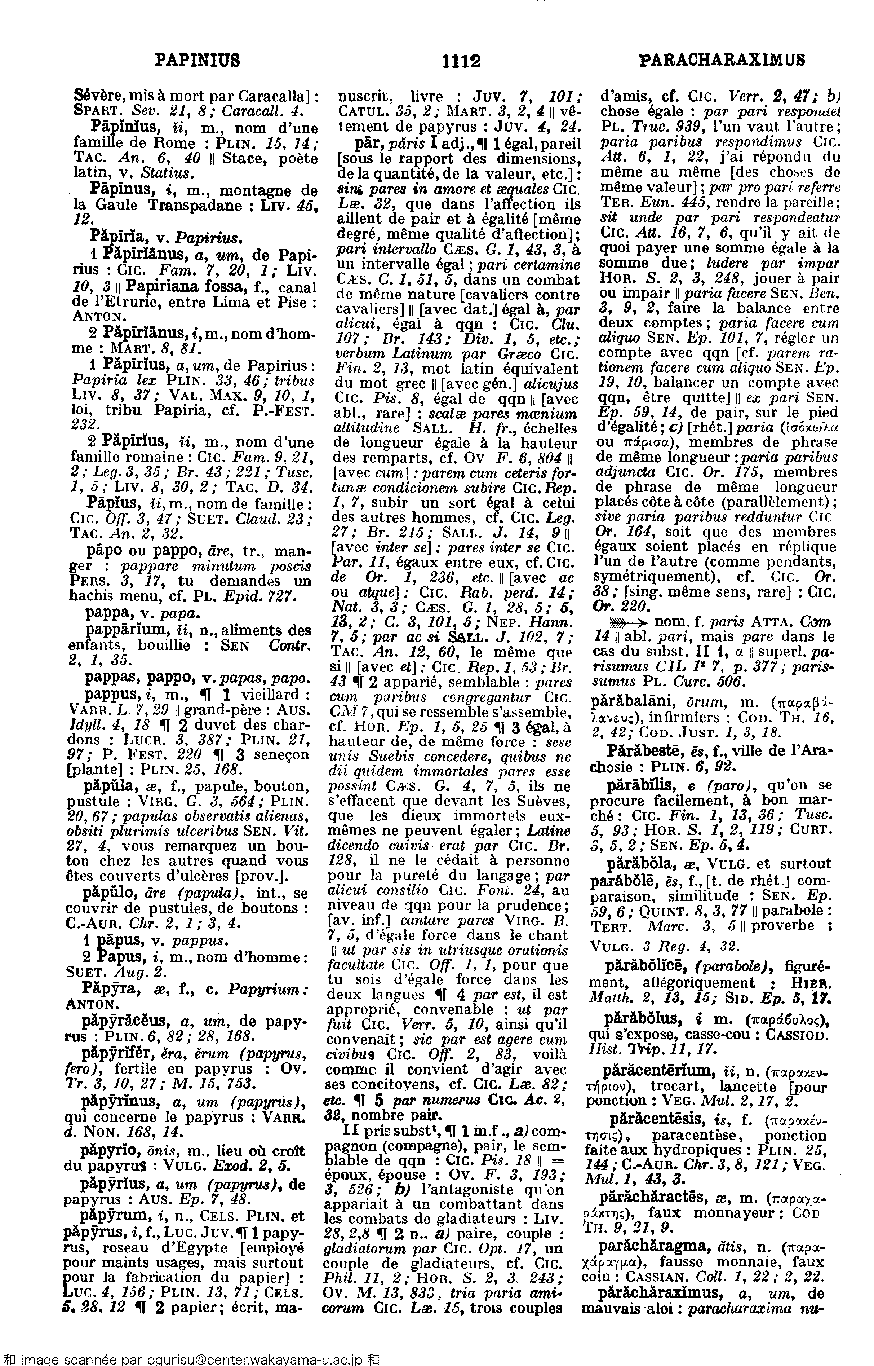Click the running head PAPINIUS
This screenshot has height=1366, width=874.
(x=198, y=60)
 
